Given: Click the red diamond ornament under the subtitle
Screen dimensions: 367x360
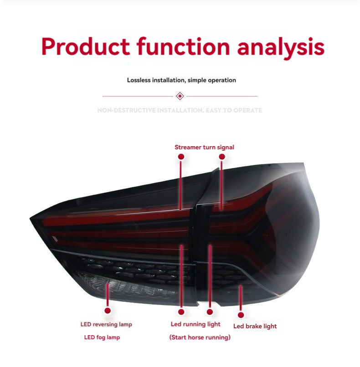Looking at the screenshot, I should click(180, 96).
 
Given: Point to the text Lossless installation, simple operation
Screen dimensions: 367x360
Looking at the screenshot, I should click(181, 80).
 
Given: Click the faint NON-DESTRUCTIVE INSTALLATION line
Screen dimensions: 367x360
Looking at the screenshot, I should click(180, 110).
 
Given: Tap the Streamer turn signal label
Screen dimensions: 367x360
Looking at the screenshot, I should click(204, 147).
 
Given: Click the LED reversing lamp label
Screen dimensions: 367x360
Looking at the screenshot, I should click(106, 325).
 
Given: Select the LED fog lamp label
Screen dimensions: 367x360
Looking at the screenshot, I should click(102, 337).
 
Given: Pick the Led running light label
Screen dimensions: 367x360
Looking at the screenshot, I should click(195, 324).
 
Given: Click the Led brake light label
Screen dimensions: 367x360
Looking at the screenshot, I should click(255, 326).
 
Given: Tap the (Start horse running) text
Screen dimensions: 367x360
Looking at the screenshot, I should click(200, 337).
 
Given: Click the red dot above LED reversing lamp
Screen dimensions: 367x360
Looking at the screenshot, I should click(108, 311).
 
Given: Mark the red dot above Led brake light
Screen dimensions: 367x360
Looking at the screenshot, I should click(241, 315).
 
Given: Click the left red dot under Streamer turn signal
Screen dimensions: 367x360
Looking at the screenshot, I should click(181, 156).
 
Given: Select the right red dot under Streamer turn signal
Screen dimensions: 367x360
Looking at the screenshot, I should click(222, 156).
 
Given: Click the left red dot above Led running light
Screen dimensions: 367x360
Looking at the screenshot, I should click(181, 312).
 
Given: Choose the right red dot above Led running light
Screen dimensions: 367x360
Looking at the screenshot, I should click(210, 312).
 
